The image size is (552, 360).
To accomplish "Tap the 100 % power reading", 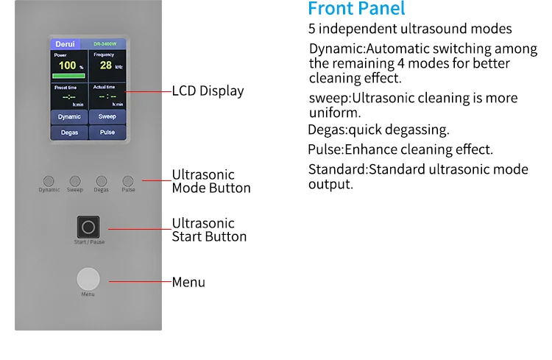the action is [68, 66].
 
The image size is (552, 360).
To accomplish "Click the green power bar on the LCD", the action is [69, 75].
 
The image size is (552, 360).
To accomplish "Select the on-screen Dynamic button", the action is [69, 116].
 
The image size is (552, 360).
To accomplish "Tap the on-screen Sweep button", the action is [107, 116].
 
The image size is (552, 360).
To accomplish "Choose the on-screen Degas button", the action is [69, 133].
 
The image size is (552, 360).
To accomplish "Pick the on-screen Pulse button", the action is [107, 133].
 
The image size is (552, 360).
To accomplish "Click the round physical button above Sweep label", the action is [75, 180].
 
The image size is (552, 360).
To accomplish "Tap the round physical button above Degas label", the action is [102, 180].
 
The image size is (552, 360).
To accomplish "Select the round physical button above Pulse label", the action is [128, 180].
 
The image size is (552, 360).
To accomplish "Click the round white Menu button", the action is [88, 280].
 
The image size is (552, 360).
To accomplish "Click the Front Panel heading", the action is [356, 10].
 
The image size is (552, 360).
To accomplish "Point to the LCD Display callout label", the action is [208, 91].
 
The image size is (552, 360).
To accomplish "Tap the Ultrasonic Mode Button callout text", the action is [211, 181].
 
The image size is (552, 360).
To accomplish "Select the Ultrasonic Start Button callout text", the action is [209, 230].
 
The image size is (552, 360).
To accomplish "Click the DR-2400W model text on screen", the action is [107, 44].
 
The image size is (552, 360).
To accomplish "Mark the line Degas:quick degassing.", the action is [378, 130].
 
